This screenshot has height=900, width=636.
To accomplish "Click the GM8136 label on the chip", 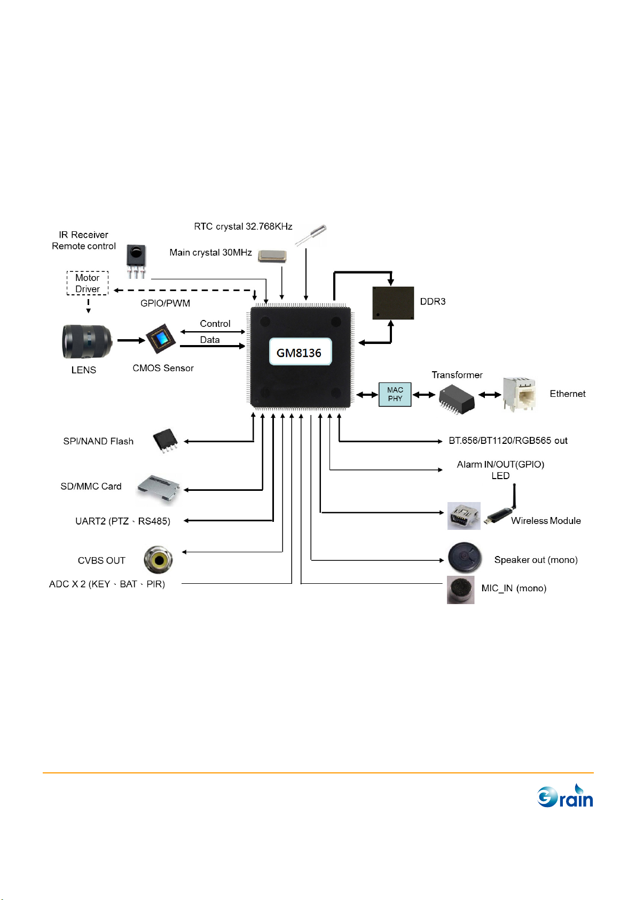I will [x=300, y=352].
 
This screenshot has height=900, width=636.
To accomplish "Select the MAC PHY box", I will [x=395, y=395].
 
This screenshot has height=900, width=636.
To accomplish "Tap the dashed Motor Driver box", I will [x=88, y=283].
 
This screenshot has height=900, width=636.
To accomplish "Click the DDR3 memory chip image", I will [x=393, y=303].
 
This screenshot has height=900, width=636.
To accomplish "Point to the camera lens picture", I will [x=87, y=342].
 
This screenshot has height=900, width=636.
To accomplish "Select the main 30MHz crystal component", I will [x=272, y=256].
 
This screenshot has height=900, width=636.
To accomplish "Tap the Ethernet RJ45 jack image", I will [x=519, y=394].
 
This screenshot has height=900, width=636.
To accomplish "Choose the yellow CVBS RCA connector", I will [x=158, y=559].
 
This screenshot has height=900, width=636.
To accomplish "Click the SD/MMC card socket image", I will [x=159, y=489].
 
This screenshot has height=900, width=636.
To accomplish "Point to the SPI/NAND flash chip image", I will [x=166, y=441].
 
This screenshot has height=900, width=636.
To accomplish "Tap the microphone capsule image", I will [x=460, y=590].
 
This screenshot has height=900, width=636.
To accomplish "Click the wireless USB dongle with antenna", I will [x=502, y=512].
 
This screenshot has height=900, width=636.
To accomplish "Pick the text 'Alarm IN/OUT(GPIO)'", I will [x=500, y=464].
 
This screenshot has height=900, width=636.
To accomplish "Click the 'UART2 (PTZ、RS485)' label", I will [x=123, y=521].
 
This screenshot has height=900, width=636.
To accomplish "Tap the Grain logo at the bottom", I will [x=565, y=796].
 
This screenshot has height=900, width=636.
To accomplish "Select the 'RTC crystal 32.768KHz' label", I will [x=243, y=226].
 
